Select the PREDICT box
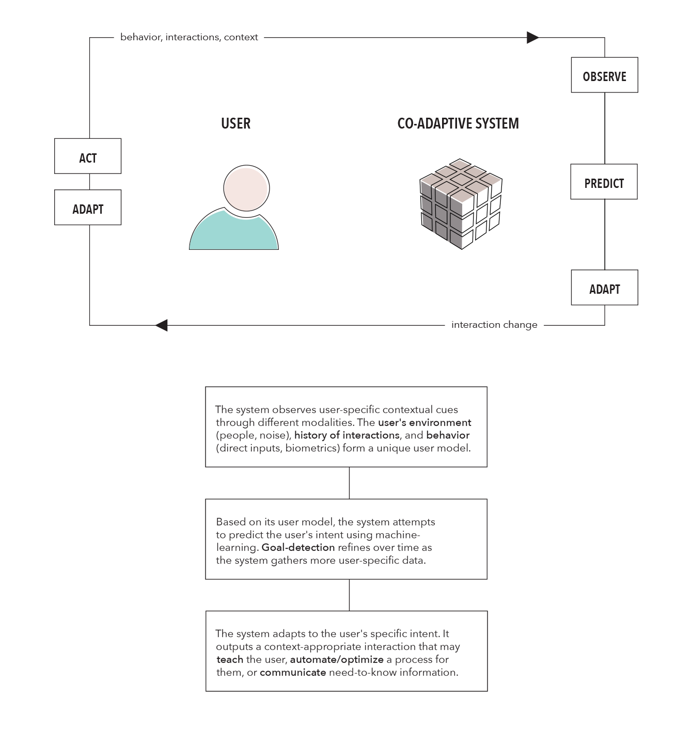coord(604,182)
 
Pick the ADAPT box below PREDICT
coord(604,288)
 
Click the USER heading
coord(235,123)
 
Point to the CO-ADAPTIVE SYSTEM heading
coord(458,123)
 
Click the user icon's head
coord(246,188)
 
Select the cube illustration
coord(460,204)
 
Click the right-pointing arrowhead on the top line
coord(532,37)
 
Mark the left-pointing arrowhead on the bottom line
coord(162,325)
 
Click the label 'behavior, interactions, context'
coord(189,37)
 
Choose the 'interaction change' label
coord(494,325)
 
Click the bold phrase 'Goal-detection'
coord(298,548)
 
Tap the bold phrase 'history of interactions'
coord(347,435)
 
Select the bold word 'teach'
coord(230,660)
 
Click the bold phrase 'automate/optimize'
coord(337,660)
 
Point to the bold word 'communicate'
coord(293,673)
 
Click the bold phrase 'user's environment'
coord(424,422)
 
